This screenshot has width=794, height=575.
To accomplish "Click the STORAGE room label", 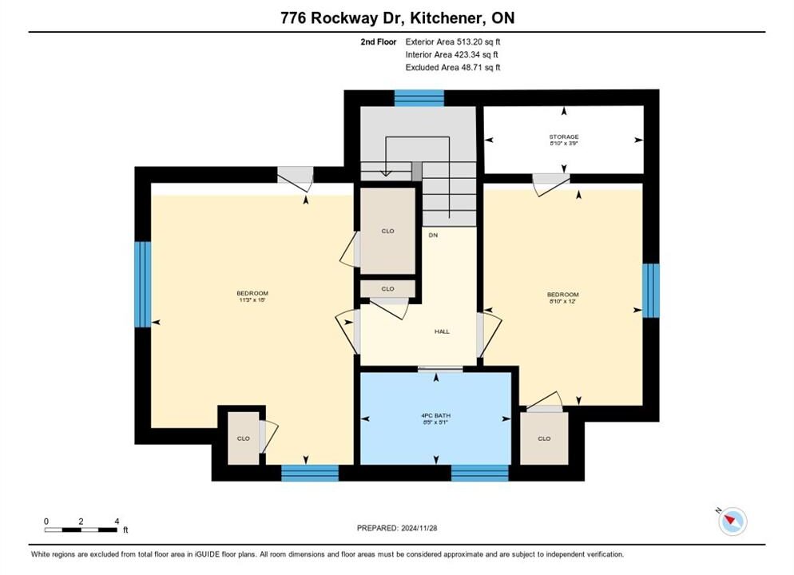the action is [564, 137].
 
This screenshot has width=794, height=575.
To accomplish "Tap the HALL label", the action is [442, 331].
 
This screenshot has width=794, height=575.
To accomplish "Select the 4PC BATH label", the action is [436, 415].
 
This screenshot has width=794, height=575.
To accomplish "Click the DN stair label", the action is [433, 235].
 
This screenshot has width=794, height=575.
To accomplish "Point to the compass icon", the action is [732, 521].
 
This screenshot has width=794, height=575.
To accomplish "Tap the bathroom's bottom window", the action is [479, 473].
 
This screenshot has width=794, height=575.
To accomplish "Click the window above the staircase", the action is [419, 97].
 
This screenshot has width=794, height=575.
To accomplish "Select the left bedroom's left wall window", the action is [143, 284].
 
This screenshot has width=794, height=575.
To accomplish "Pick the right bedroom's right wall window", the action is [651, 291].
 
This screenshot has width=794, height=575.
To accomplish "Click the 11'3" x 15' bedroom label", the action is [252, 296].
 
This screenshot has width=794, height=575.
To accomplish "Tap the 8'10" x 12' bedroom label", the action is [562, 298].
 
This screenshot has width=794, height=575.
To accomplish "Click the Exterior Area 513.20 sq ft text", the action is [453, 42].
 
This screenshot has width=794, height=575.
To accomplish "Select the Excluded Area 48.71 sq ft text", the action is [453, 67].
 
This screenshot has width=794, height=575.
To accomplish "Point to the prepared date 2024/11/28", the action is [419, 528].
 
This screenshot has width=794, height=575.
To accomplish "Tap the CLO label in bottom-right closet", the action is [544, 438].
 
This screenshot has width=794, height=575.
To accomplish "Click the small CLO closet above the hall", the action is [388, 288].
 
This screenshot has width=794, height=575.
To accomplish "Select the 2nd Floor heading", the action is [379, 42].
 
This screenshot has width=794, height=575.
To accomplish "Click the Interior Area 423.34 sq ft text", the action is [451, 54].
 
